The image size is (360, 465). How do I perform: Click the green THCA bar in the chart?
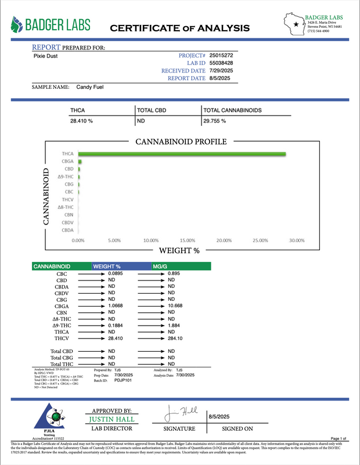pos(182,154)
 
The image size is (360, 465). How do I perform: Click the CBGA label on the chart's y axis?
pos(67,161)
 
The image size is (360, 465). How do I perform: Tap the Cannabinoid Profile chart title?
pos(181,142)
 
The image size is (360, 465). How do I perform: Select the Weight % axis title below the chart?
pos(179,251)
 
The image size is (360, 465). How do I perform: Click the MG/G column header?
pos(160,266)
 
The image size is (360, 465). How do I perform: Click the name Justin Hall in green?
pos(113,419)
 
